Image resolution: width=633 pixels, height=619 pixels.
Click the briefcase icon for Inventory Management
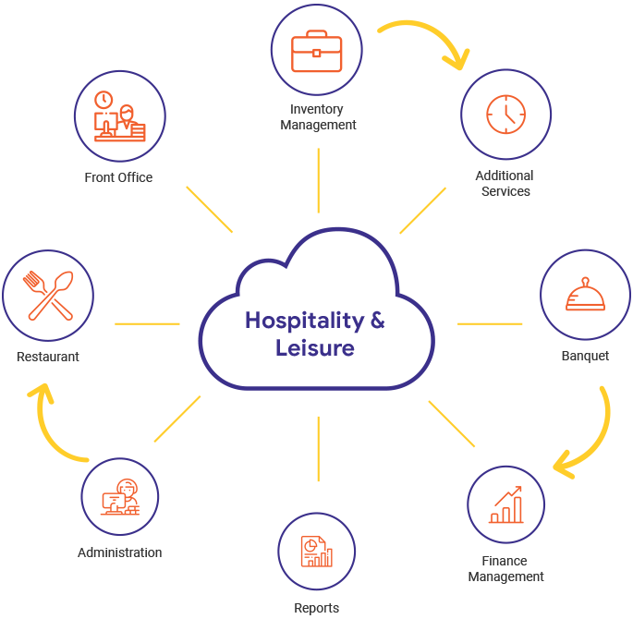tap(318, 52)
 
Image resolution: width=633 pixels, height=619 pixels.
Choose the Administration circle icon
tap(120, 498)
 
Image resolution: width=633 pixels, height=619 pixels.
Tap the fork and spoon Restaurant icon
tap(48, 296)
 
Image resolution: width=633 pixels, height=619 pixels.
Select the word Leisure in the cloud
tap(315, 348)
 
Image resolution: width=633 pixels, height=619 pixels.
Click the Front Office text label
tap(118, 177)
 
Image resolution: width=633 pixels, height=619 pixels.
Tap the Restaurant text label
tap(48, 357)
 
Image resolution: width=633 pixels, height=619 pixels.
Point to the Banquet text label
tap(585, 356)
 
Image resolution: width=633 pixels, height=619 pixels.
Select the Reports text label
tap(317, 608)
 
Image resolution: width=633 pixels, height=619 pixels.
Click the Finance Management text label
tap(505, 569)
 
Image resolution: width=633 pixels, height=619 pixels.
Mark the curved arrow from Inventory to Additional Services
tap(425, 39)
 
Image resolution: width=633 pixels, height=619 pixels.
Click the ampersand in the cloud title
tap(377, 321)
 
